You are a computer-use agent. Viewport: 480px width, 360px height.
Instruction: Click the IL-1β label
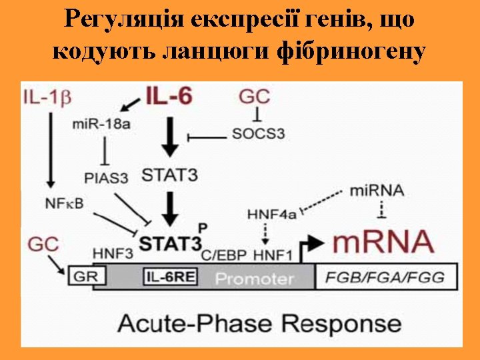[46, 97]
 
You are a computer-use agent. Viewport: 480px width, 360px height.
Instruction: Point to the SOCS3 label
[258, 133]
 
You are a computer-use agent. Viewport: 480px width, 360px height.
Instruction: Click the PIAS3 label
[106, 177]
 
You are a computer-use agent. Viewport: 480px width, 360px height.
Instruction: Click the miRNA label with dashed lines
[377, 190]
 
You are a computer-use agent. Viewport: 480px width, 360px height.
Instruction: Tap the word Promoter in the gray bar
[254, 278]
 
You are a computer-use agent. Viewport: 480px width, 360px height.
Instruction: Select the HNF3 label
[113, 254]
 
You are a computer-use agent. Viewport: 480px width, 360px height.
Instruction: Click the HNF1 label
[273, 255]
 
